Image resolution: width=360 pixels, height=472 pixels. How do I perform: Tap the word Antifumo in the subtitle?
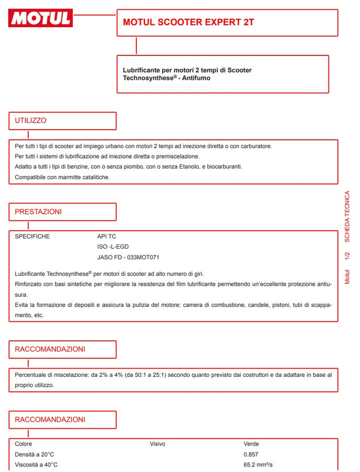coord(195,78)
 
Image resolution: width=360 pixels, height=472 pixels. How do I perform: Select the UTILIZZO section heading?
coord(30,121)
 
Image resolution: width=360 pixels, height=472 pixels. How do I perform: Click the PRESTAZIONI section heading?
coord(38,212)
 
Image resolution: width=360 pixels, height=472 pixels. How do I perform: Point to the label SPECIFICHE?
coord(32,236)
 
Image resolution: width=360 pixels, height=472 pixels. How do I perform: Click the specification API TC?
coord(106,236)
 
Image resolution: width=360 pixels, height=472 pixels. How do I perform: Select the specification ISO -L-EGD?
coord(113,247)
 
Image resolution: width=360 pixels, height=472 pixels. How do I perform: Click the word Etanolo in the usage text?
coord(180,167)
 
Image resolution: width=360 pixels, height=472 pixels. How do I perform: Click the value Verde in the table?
coord(251,444)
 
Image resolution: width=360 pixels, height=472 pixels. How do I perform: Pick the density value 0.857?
coord(251,454)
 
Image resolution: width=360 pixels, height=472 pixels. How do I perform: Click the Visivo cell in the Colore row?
coord(157,444)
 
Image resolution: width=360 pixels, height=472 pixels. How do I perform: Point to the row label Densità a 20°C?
coord(34,454)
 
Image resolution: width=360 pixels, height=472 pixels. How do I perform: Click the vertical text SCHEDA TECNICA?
coord(347,217)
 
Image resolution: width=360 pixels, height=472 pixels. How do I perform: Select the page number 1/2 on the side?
coord(347,256)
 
